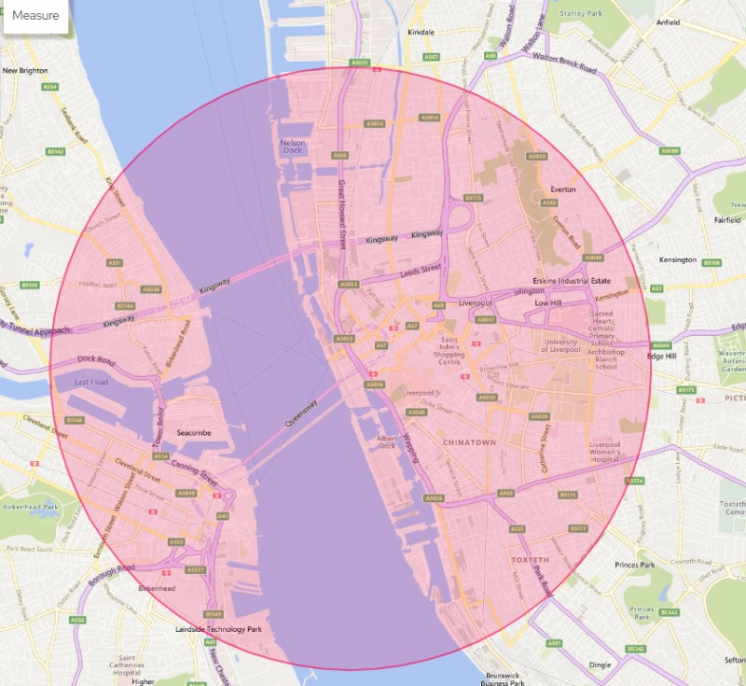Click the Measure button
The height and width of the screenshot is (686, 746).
tap(35, 16)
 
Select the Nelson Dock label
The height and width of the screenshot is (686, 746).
tap(294, 147)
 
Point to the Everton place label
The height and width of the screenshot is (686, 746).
tap(563, 189)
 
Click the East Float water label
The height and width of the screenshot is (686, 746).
tap(93, 383)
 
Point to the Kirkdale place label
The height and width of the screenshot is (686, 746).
tap(421, 33)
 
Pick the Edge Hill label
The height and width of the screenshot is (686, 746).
tap(663, 355)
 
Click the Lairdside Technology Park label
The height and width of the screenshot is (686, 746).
tap(218, 629)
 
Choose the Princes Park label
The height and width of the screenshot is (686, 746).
tap(635, 565)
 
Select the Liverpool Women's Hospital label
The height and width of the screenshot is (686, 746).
tap(605, 452)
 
